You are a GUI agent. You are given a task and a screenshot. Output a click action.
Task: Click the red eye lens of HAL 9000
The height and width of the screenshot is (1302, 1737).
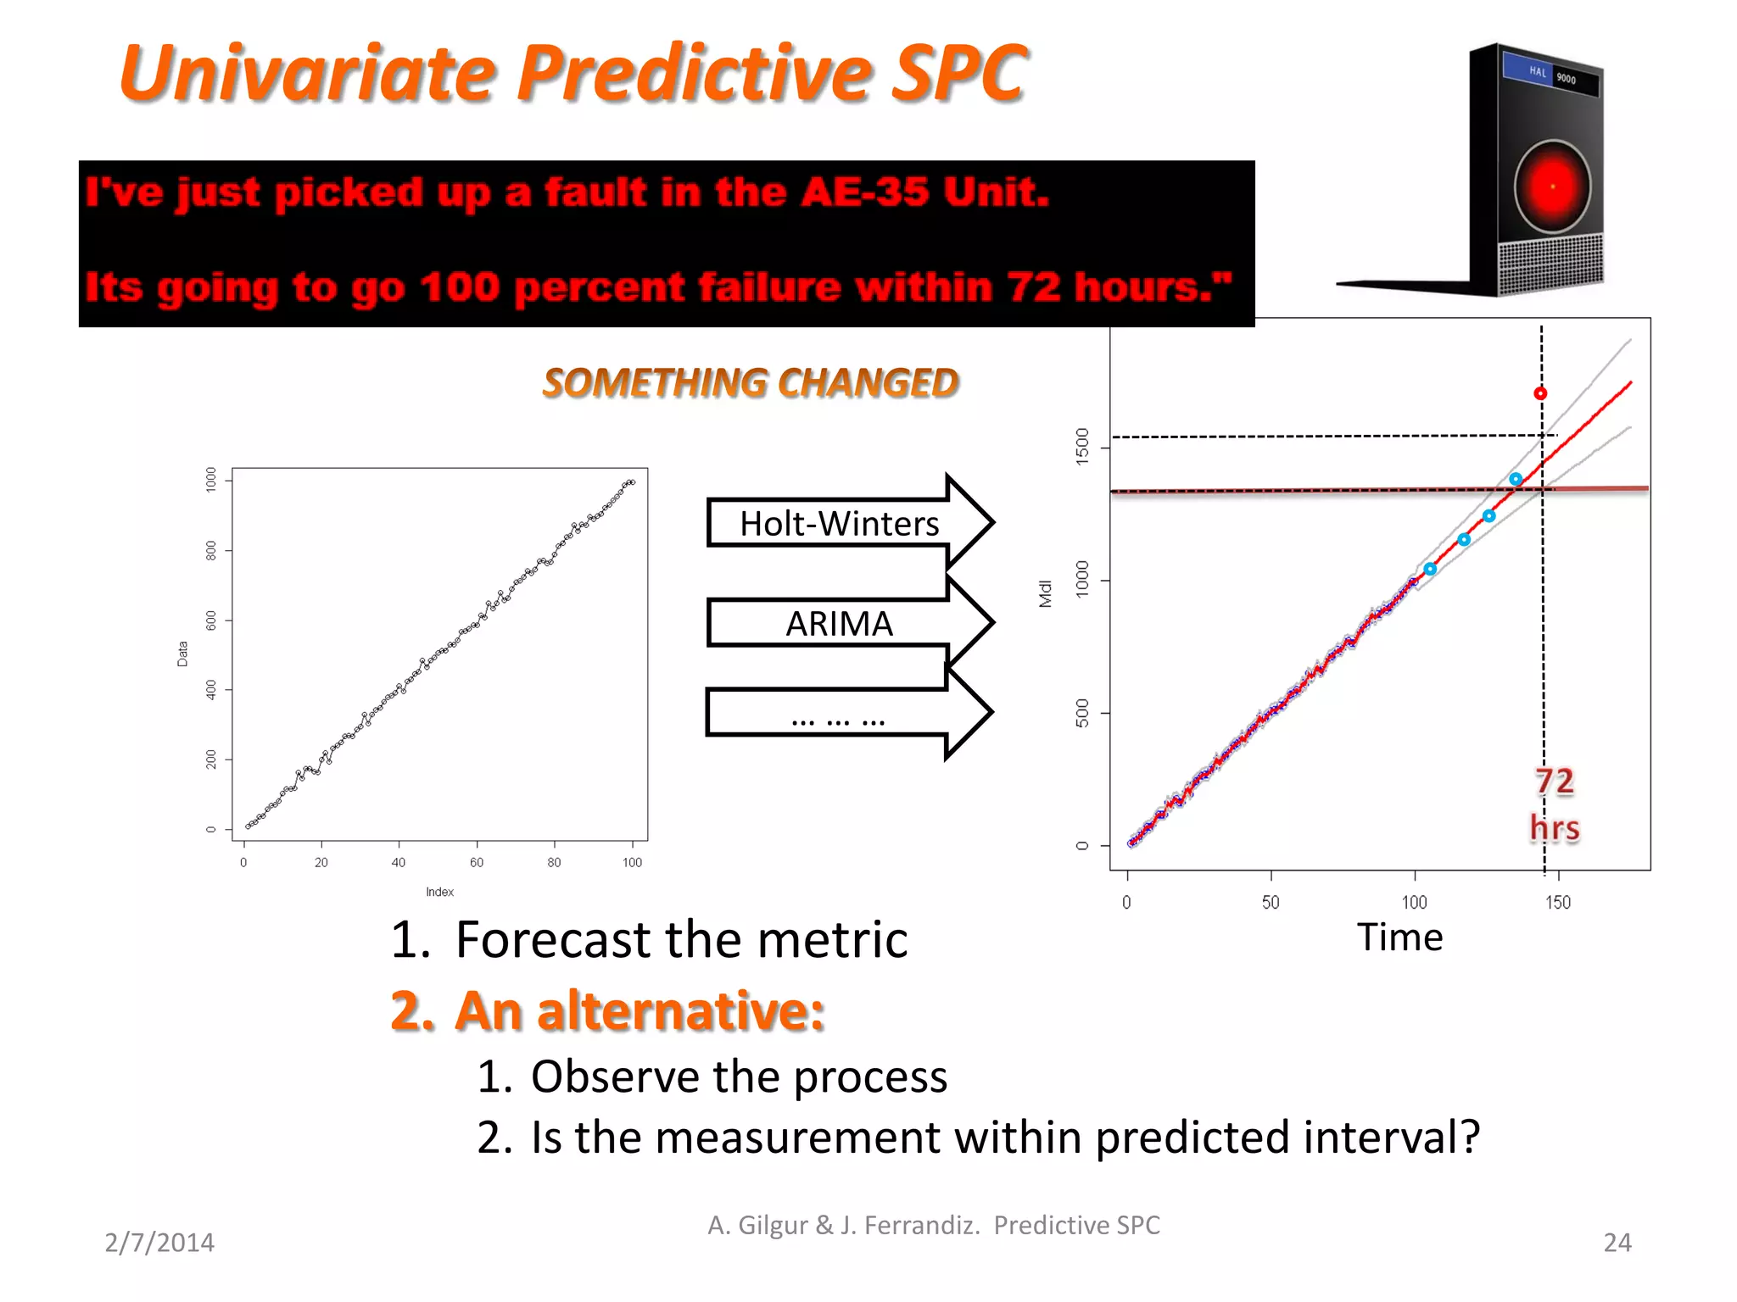click(x=1552, y=186)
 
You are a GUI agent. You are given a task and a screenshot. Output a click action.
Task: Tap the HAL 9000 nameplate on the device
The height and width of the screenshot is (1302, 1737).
click(x=1551, y=75)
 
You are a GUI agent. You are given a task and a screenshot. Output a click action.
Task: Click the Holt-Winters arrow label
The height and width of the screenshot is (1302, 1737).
click(x=839, y=524)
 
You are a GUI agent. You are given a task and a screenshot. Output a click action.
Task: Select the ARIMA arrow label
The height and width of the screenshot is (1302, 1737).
click(x=839, y=624)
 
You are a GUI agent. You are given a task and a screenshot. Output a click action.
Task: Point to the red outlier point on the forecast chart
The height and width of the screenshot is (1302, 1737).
click(x=1540, y=393)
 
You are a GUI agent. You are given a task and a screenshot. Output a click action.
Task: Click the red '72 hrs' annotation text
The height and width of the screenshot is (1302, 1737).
click(x=1555, y=804)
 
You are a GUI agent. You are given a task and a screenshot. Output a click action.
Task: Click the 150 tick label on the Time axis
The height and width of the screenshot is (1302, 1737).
click(x=1557, y=902)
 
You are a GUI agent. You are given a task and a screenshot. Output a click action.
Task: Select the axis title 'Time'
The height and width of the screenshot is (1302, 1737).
click(x=1399, y=938)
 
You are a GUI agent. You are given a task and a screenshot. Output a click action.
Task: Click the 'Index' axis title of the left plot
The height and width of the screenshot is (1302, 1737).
click(x=439, y=892)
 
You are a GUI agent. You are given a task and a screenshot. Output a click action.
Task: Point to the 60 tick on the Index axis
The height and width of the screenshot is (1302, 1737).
click(x=477, y=862)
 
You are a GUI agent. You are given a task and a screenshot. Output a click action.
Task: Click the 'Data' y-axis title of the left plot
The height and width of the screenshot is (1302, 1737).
click(x=182, y=654)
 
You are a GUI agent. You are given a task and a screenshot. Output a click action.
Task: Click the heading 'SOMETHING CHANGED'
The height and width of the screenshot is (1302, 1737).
click(x=751, y=382)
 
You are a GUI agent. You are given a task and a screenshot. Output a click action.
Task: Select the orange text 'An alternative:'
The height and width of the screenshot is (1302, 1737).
click(x=639, y=1010)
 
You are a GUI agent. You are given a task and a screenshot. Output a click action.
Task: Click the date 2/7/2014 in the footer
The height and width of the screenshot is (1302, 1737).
click(x=159, y=1242)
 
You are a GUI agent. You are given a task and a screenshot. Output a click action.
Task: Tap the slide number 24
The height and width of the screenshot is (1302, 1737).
click(x=1617, y=1242)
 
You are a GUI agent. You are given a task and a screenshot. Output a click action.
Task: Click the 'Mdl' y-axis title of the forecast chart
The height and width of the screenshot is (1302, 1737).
click(x=1045, y=593)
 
